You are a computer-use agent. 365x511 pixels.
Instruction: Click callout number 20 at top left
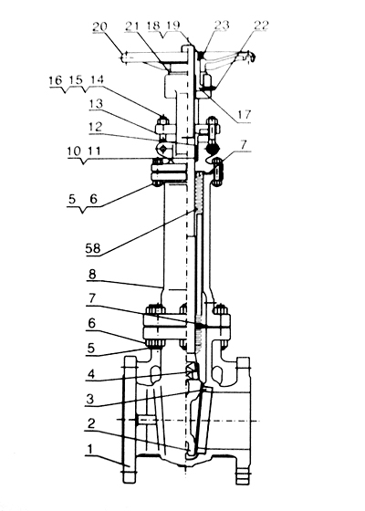(x=99, y=26)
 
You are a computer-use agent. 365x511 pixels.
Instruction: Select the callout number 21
(x=132, y=26)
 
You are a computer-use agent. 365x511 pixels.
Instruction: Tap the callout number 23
(x=222, y=26)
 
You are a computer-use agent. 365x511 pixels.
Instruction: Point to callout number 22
(x=260, y=26)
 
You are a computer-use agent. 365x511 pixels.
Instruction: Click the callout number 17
(x=245, y=114)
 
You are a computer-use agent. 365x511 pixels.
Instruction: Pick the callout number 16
(x=56, y=80)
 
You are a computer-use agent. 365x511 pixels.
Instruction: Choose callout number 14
(x=97, y=80)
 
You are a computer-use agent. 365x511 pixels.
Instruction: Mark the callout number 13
(x=96, y=105)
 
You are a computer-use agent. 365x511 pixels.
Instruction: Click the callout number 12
(x=95, y=127)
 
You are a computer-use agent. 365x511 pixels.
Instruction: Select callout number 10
(x=74, y=151)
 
